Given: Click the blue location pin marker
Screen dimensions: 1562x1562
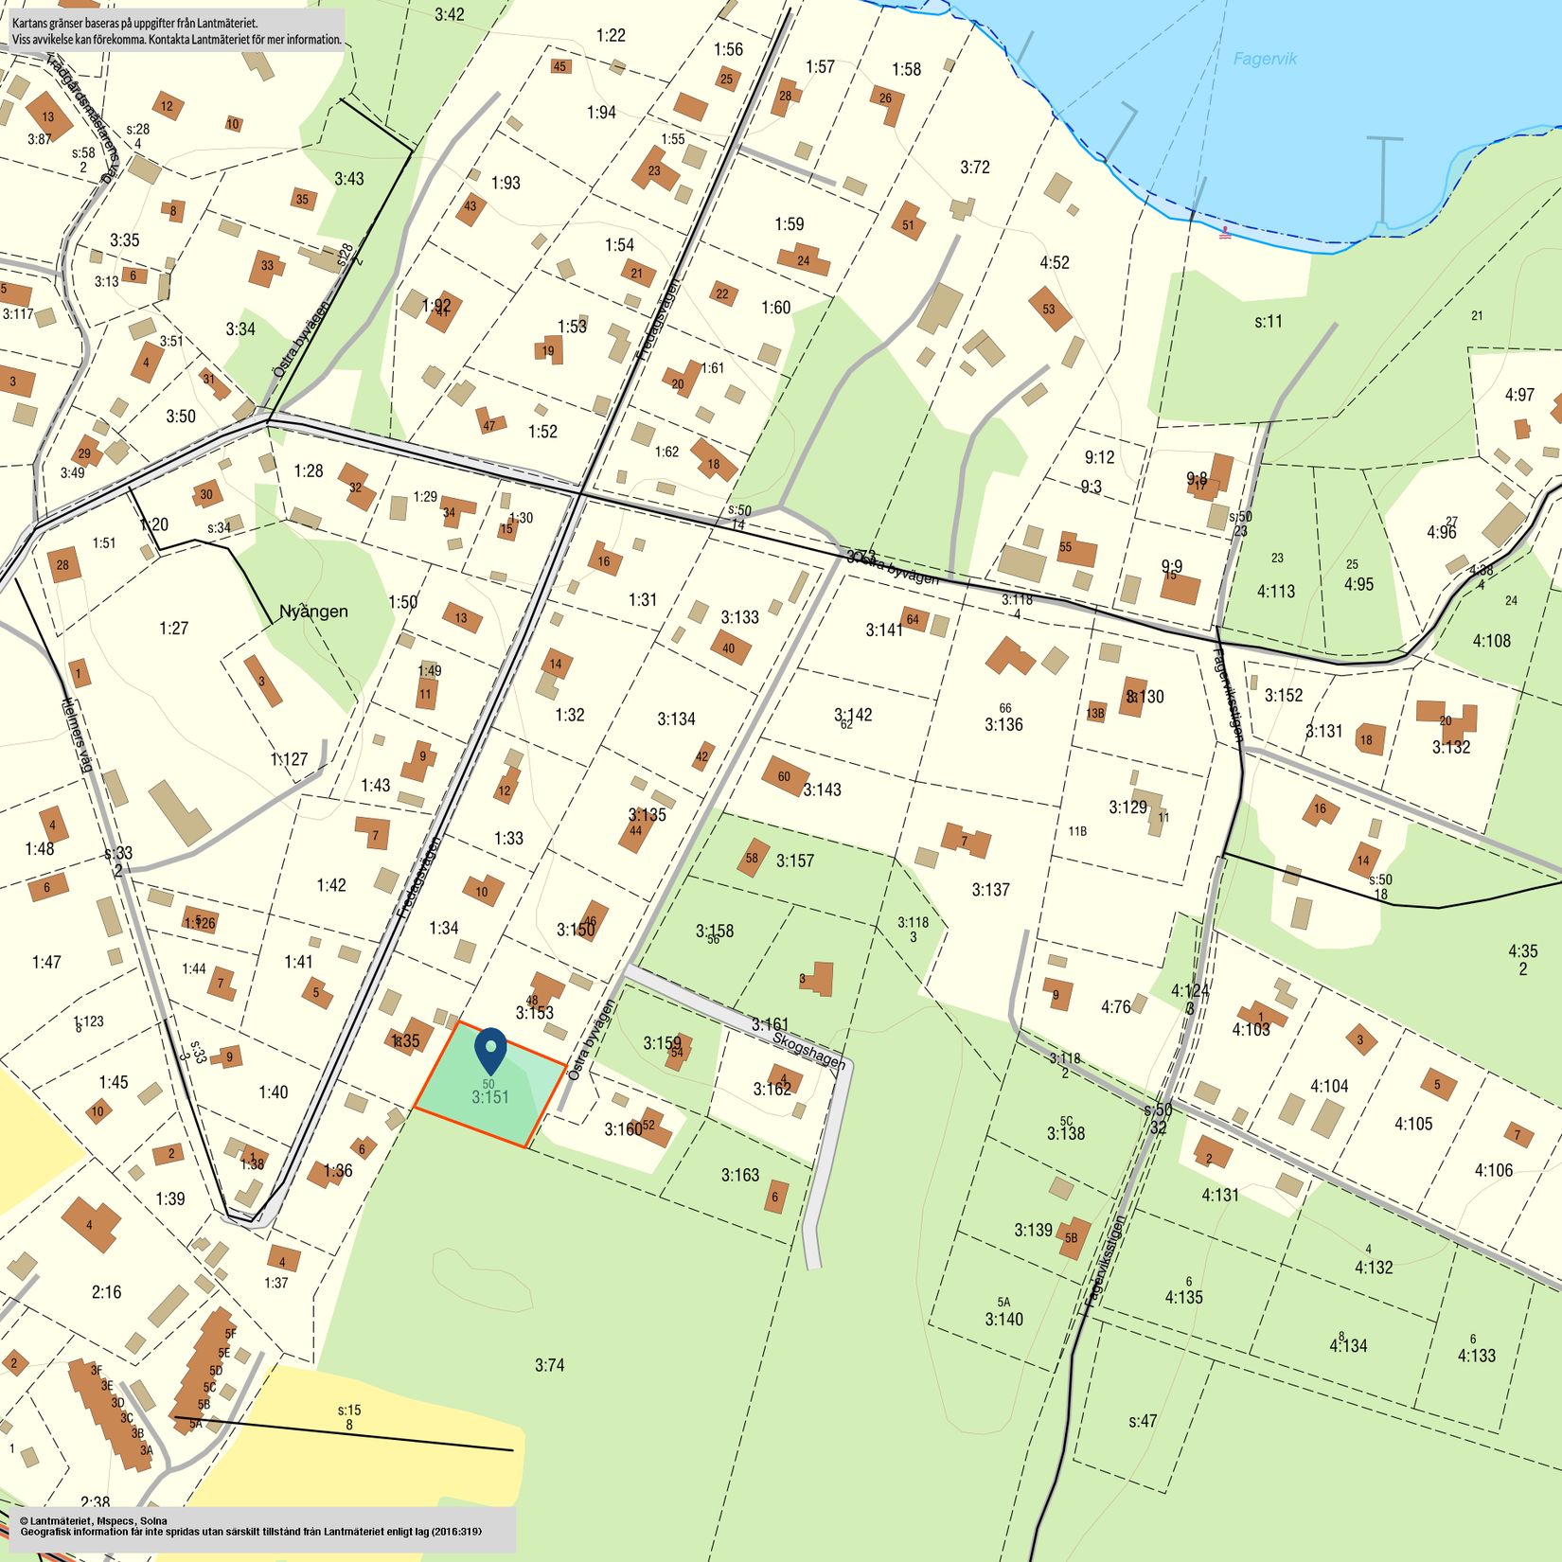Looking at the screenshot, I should pos(490,1049).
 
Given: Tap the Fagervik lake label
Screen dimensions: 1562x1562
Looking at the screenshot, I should pos(1265,59).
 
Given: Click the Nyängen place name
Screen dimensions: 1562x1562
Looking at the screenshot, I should pos(313,612).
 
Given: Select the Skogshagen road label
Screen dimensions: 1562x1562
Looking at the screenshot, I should pos(808,1051).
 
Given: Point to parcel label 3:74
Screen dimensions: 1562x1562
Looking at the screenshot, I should pos(549,1365).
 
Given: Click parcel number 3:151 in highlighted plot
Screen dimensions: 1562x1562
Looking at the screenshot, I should pos(490,1098).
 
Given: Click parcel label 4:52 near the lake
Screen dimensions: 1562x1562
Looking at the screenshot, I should pos(1054,262).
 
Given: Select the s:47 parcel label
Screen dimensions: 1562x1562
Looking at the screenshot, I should pos(1143,1421).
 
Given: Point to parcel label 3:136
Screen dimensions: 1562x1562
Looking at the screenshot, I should pos(1003,725).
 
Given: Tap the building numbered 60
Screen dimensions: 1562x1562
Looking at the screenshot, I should pos(785,776).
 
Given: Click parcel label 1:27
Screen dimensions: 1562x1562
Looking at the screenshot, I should pos(173,629).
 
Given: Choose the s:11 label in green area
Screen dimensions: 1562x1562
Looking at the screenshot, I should pos(1269,322).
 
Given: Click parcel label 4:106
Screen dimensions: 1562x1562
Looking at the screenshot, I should pos(1494,1171).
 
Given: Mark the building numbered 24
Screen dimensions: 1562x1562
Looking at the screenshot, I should pos(803,259).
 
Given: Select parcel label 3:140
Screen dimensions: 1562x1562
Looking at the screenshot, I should pos(1003,1320).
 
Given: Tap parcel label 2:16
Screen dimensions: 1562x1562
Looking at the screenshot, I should pos(106,1292).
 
